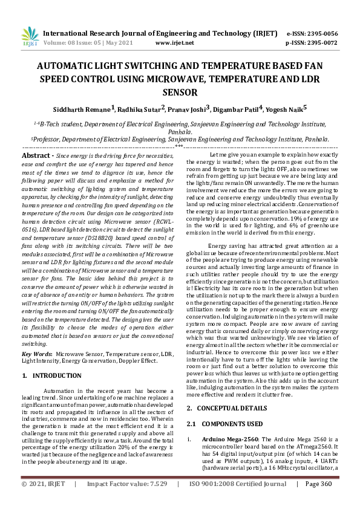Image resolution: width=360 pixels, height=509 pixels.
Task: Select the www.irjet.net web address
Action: pos(174,43)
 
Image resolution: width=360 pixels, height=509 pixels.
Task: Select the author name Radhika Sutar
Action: pos(142,109)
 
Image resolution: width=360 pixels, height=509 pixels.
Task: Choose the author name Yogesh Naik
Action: pos(287,109)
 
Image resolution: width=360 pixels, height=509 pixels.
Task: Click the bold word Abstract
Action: pos(35,155)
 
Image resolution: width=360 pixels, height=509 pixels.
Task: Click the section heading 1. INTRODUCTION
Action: pos(51,375)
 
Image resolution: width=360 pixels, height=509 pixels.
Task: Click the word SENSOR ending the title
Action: pos(180,92)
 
